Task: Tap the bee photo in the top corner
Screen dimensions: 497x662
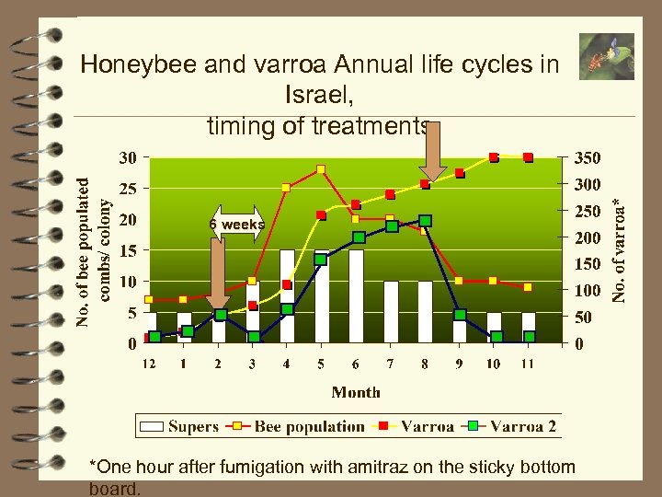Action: click(606, 57)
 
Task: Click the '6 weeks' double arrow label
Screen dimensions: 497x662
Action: click(237, 225)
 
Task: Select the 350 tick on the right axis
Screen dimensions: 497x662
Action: click(588, 158)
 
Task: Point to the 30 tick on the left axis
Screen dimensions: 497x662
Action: click(129, 158)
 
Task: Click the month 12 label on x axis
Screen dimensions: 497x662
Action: click(148, 364)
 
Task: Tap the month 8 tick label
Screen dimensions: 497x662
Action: click(425, 364)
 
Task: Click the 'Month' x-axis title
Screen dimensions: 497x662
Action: click(356, 392)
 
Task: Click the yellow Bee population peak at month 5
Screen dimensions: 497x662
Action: click(321, 168)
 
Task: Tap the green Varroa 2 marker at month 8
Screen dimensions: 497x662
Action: click(425, 221)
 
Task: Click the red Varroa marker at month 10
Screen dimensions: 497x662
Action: click(494, 157)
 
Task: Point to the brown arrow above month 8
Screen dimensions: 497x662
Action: click(431, 152)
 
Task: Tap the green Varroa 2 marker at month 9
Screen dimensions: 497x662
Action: click(460, 315)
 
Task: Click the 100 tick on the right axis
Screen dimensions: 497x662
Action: click(588, 291)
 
